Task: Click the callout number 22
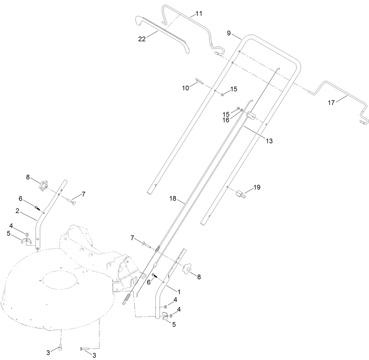142,39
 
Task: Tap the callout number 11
199,14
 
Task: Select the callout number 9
229,33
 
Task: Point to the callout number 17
331,103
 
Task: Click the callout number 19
257,187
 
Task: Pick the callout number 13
269,141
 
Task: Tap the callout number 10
186,88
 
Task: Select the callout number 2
17,211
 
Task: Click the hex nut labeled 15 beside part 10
222,95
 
